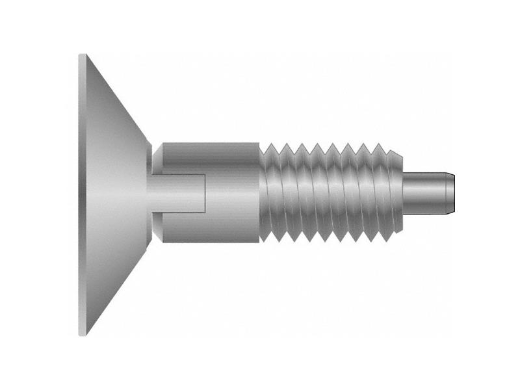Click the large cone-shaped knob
pos(114,195)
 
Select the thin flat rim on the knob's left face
pos(81,195)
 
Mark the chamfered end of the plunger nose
pos(451,193)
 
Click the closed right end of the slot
pos(206,193)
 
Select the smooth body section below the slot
pos(208,227)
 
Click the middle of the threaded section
pos(331,193)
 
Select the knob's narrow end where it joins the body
pos(151,193)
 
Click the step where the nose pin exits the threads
pos(404,193)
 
